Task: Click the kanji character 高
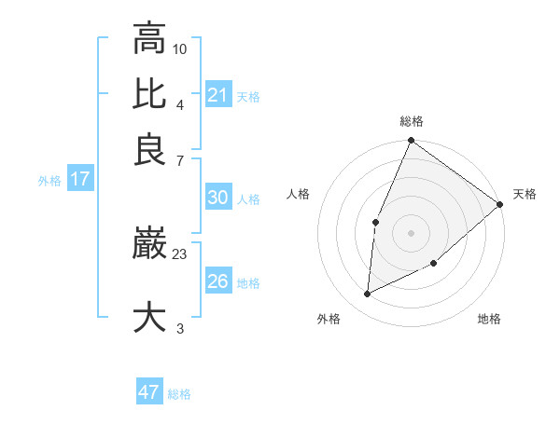[149, 38]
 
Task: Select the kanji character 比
[149, 94]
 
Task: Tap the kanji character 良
[149, 150]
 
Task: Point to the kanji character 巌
[149, 245]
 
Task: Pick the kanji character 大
[149, 316]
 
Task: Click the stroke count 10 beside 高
[180, 48]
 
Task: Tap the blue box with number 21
[217, 94]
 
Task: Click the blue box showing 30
[217, 198]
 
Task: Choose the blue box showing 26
[217, 281]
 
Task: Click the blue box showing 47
[149, 392]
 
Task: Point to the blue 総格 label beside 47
[179, 394]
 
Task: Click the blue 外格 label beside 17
[49, 181]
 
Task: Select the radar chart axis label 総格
[411, 122]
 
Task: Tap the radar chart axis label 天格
[525, 194]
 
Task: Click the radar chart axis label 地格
[489, 319]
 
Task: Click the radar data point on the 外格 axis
[368, 294]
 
